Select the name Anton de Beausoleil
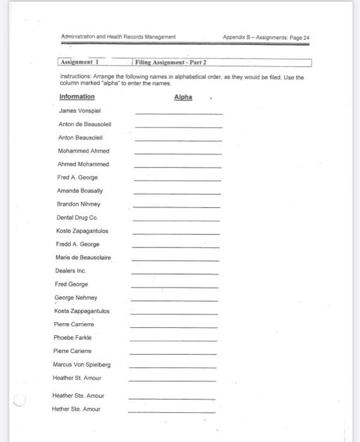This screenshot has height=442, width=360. point(85,124)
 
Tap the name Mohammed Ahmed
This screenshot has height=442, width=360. point(83,151)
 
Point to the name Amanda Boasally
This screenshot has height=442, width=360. point(80,191)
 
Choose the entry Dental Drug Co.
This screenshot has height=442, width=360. point(77,217)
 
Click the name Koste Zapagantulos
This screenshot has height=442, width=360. point(81,230)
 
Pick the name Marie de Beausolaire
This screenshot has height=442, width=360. point(83,258)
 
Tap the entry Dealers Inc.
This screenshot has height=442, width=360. point(70,271)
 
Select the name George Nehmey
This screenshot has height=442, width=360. point(76,297)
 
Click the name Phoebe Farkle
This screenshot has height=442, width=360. point(73,338)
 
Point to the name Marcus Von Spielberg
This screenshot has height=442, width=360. point(81,364)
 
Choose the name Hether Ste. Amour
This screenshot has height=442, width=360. point(76,409)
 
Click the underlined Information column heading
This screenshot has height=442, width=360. point(77,97)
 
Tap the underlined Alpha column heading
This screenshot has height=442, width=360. point(183,97)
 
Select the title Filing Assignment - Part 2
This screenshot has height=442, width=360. point(171,63)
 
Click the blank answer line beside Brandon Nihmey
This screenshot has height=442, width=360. point(177,206)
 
